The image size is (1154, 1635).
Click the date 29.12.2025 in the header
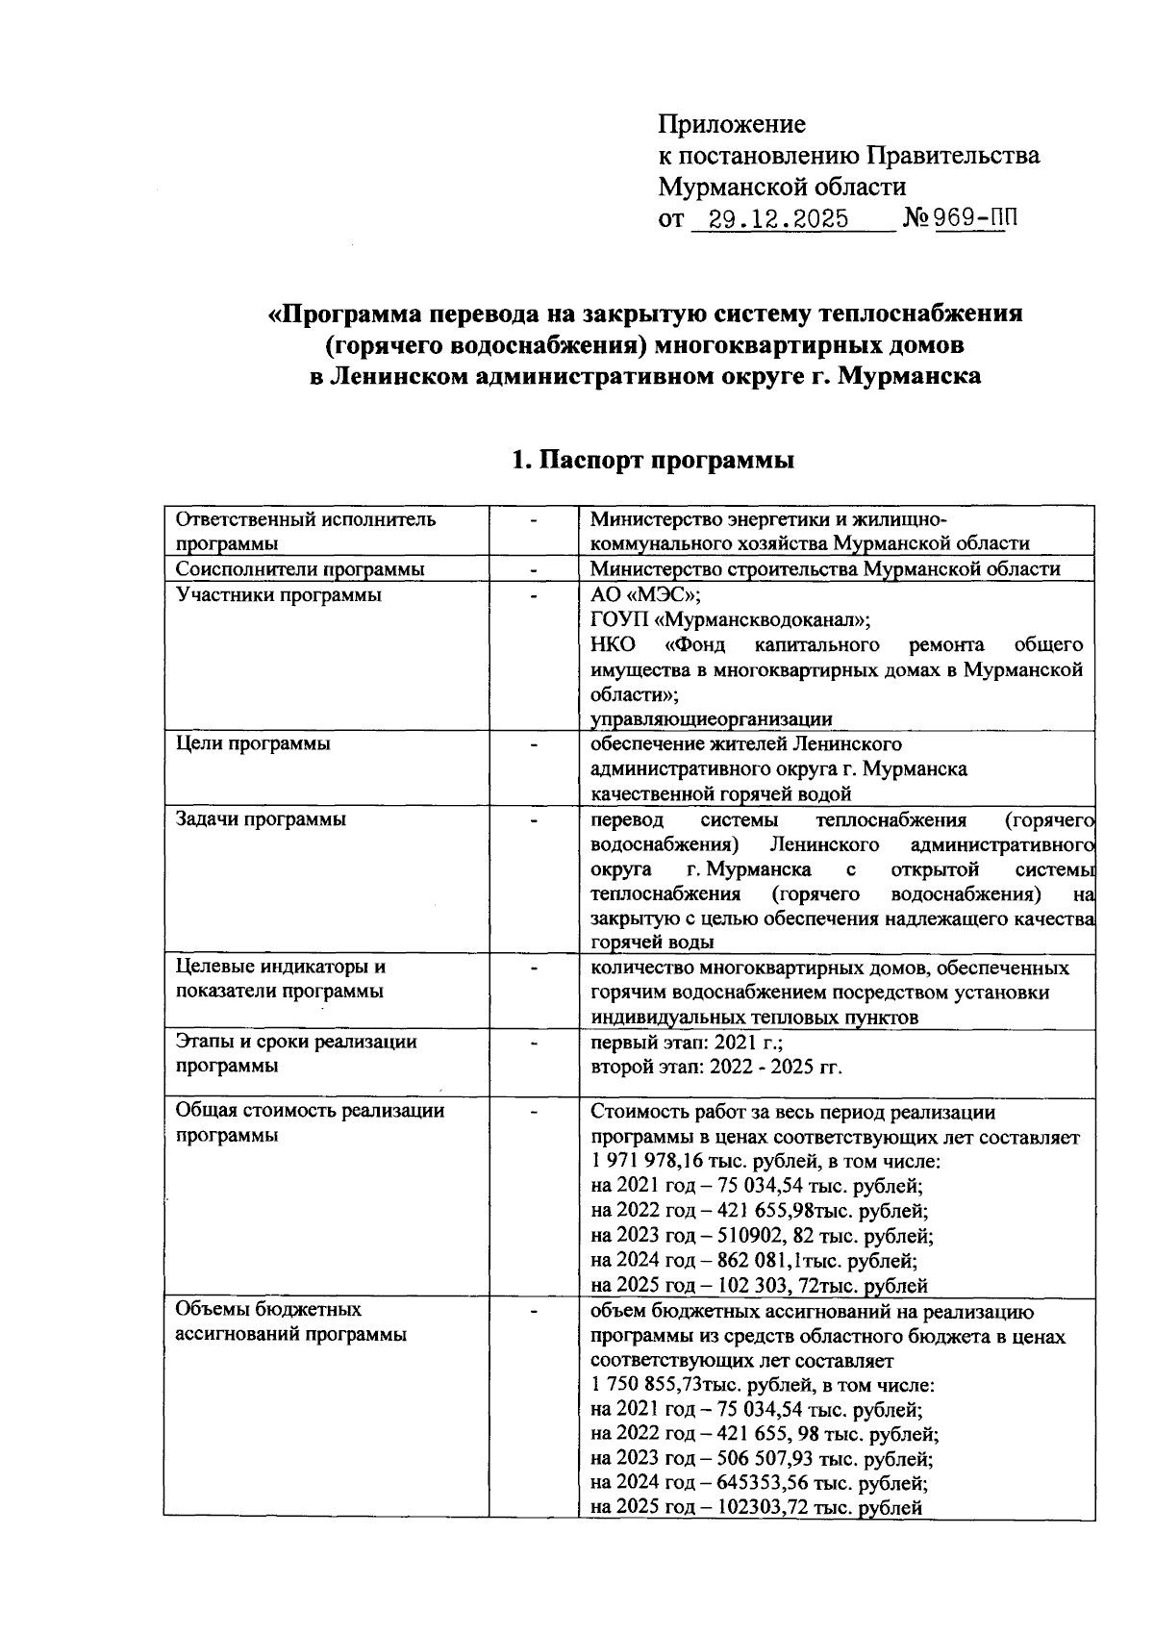click(x=777, y=219)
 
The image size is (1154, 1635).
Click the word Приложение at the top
click(x=732, y=124)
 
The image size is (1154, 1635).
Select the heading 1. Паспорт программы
click(x=653, y=461)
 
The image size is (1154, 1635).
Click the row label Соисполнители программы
click(x=299, y=569)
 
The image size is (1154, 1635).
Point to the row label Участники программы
click(x=278, y=595)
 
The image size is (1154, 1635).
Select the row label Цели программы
click(x=253, y=743)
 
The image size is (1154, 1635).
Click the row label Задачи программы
click(x=261, y=819)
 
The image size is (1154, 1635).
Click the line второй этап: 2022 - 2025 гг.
click(x=715, y=1067)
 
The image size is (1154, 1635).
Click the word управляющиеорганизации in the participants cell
click(x=711, y=719)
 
